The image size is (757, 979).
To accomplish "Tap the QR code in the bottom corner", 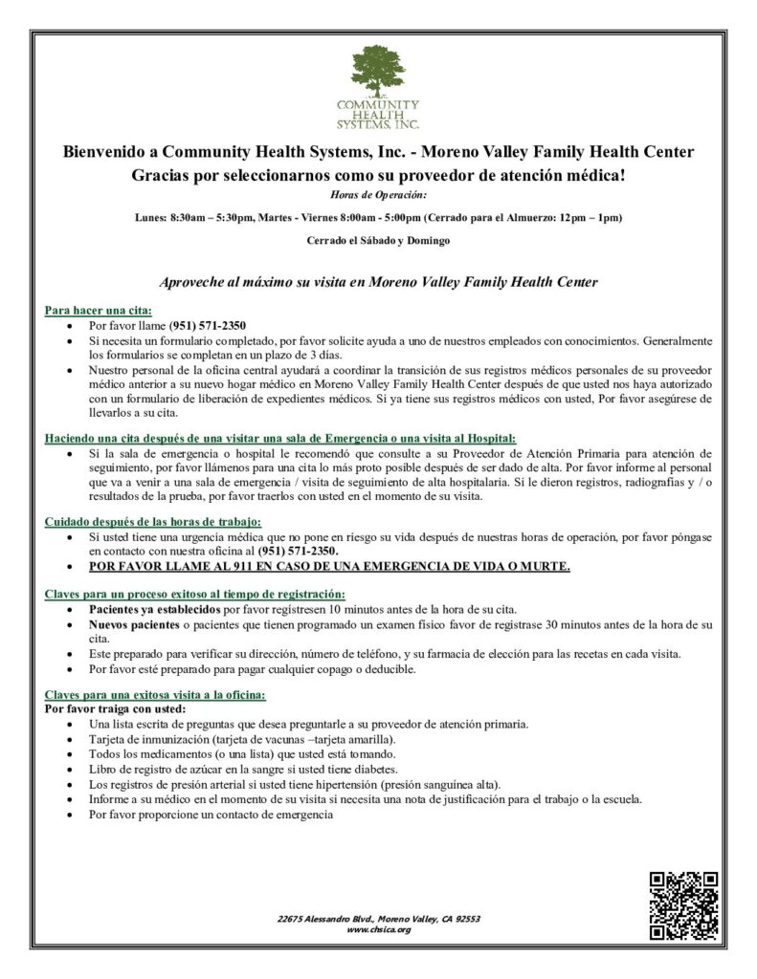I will click(683, 905).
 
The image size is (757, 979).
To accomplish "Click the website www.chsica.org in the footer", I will click(378, 929).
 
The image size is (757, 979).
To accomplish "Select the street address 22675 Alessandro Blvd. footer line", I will click(378, 919).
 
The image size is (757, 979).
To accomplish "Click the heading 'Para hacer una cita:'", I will click(99, 311).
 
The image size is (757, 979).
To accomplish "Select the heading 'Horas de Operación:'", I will click(378, 194).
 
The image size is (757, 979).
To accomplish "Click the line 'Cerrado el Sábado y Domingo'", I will click(378, 240).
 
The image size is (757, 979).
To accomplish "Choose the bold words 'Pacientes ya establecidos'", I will click(155, 609).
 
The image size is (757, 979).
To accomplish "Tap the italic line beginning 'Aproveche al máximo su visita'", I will click(378, 282).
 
